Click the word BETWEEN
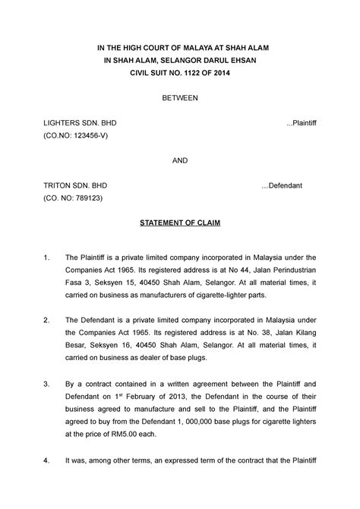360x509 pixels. (x=180, y=98)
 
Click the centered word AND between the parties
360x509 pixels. (x=180, y=160)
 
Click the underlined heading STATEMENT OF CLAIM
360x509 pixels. (x=180, y=223)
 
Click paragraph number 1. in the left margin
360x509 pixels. (x=49, y=259)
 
